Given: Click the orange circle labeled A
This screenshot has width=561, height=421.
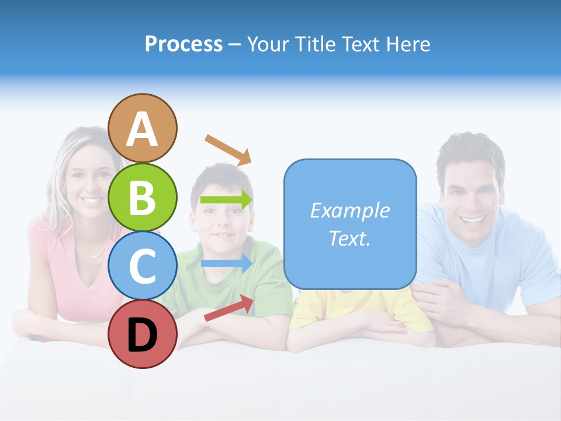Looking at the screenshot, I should click(142, 128).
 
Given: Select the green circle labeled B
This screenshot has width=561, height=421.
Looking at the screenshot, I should click(142, 197).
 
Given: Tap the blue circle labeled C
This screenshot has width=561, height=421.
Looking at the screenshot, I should click(142, 265).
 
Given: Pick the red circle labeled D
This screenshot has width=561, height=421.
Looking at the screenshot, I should click(142, 334).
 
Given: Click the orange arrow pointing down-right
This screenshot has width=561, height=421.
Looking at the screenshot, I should click(228, 149).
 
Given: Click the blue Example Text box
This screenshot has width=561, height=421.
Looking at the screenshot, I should click(350, 224).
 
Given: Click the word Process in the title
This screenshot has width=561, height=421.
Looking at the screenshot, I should click(183, 44).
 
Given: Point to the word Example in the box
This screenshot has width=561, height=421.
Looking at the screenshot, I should click(349, 210).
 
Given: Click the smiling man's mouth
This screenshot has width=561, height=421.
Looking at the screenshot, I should click(473, 221).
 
